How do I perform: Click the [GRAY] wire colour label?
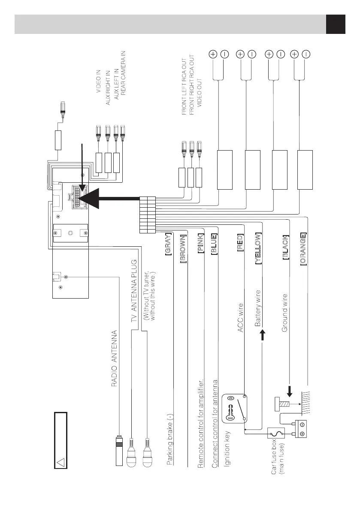[169, 244]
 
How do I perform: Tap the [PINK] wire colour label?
[200, 244]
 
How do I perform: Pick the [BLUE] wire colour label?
[214, 244]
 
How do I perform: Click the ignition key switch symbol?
[234, 407]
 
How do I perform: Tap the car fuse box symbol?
[273, 434]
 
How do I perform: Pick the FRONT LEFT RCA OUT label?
[184, 85]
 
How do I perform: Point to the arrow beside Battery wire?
[263, 335]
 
